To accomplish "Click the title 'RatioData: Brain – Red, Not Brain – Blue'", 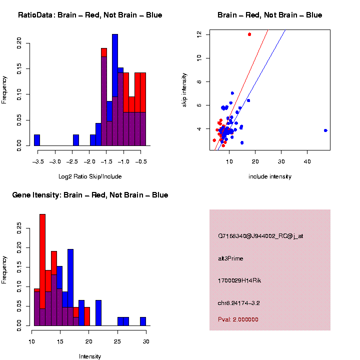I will click(90, 15).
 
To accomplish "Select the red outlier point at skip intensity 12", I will click(249, 34).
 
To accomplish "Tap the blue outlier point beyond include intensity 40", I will click(325, 130).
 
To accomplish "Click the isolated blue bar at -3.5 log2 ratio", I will click(37, 140).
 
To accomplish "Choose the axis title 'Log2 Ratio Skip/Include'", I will click(90, 176).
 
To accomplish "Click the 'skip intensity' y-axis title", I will click(184, 89).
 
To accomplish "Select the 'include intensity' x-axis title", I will click(270, 176).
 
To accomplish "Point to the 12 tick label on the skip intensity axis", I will click(199, 34).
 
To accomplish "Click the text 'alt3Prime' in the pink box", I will click(230, 258).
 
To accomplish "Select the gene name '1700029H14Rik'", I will click(239, 280).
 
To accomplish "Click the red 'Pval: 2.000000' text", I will click(238, 319).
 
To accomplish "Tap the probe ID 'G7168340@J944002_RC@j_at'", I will click(260, 236).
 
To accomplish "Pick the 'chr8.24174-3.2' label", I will click(238, 302).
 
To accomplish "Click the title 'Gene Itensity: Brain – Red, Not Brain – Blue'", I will click(90, 195).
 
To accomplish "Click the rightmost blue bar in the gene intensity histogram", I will click(143, 321).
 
